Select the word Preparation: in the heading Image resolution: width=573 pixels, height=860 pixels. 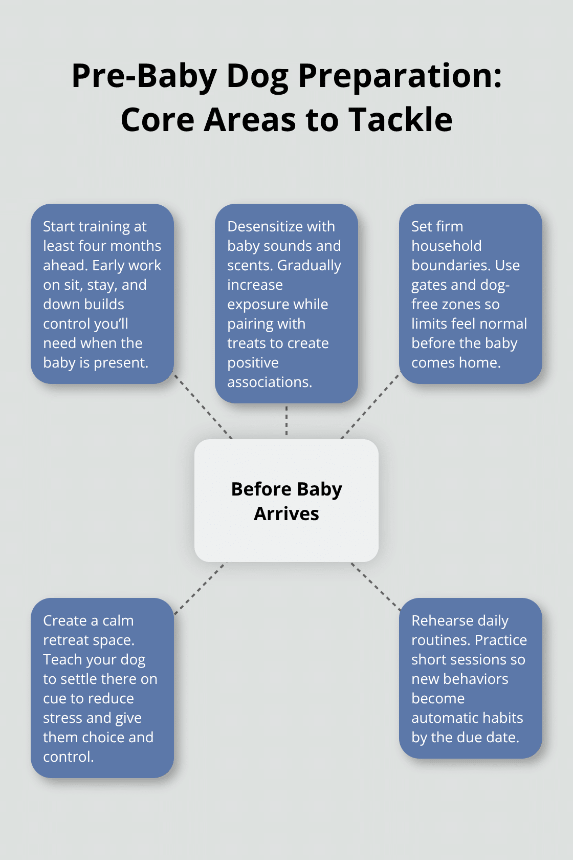[x=400, y=76]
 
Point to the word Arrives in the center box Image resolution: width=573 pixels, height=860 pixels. [x=286, y=513]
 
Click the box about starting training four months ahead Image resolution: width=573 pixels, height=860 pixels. [x=102, y=294]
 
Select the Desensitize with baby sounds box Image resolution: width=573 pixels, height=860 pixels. [x=286, y=304]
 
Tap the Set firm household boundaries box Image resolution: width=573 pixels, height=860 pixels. [x=470, y=294]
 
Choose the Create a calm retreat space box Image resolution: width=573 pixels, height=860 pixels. [x=102, y=688]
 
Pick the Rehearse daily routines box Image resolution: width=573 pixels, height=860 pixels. [x=470, y=678]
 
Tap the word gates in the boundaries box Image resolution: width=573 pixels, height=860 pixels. [x=429, y=285]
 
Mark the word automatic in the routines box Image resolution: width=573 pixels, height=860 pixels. [x=446, y=718]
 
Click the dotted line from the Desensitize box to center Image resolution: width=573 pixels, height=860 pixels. [x=286, y=421]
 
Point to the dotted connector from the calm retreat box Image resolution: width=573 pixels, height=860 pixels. [x=200, y=588]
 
